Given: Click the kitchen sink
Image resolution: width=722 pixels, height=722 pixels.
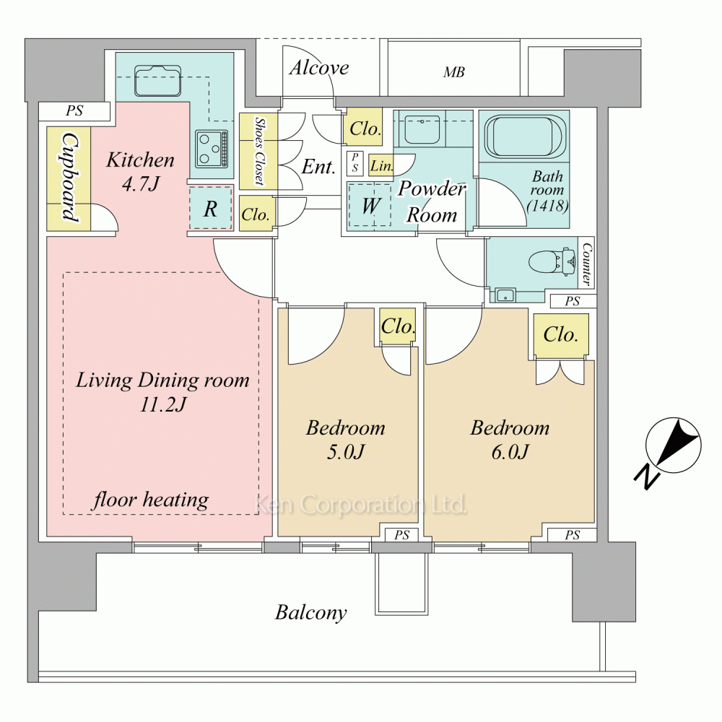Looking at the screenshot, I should point(157,80).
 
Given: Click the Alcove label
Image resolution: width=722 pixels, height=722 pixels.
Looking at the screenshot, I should point(319,69).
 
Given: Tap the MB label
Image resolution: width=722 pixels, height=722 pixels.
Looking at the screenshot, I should point(453,72).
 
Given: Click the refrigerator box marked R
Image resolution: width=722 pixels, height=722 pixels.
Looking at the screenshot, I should point(211,209).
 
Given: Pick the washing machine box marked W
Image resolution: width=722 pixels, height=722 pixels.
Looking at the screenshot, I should point(370,205).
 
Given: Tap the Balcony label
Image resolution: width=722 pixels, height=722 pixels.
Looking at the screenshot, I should point(311,614).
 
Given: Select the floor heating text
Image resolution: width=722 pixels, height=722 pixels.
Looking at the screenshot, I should point(151,500).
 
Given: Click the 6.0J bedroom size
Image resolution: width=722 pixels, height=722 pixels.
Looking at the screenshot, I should point(510,452).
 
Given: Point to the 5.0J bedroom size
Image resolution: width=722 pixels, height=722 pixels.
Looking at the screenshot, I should point(345,452).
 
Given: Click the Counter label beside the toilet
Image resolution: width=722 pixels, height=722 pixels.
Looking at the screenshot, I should point(586,264).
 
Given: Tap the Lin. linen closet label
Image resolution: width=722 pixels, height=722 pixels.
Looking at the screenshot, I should point(381,166).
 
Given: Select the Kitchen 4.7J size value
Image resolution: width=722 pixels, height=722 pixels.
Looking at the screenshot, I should point(140,184).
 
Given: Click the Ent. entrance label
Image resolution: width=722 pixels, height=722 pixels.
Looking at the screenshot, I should point(318,168).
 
